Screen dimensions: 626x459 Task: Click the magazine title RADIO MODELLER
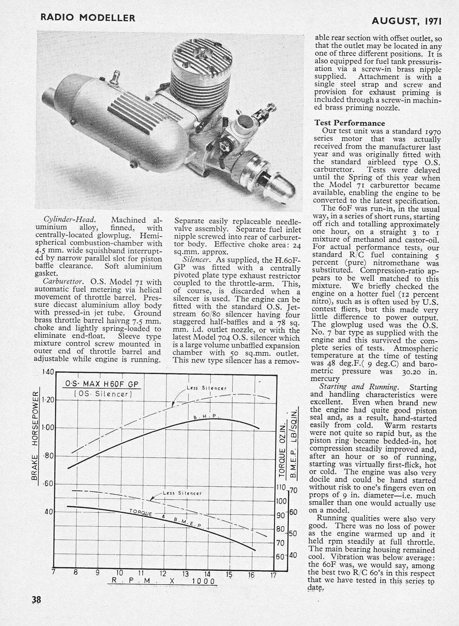pos(88,18)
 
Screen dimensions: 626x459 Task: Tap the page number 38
pos(36,600)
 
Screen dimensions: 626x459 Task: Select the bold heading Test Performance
pos(350,123)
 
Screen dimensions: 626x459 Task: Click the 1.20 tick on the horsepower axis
pos(48,400)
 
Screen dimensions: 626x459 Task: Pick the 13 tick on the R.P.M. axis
pos(185,573)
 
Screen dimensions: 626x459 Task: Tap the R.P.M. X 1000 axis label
pos(162,581)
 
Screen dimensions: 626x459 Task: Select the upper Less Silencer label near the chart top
pos(206,388)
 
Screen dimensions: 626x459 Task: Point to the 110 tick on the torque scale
pos(280,488)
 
